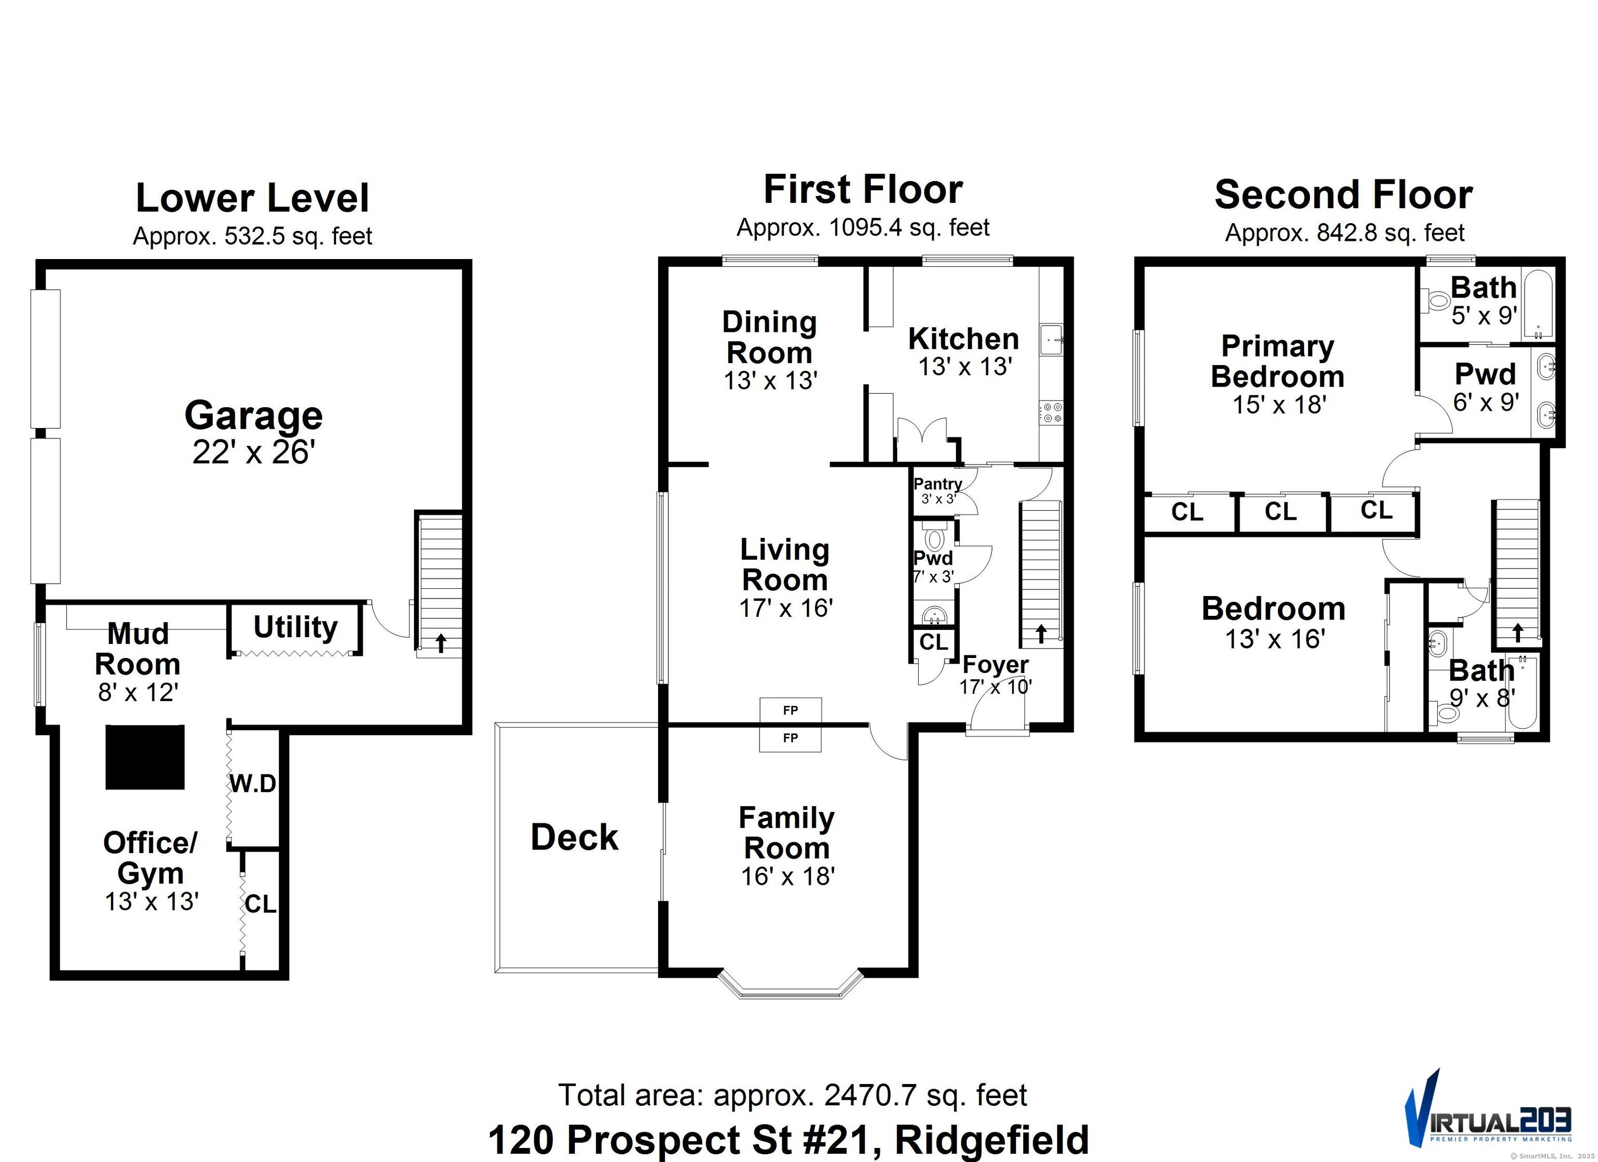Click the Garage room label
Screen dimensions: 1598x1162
[254, 416]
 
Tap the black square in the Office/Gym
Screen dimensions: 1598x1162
[145, 757]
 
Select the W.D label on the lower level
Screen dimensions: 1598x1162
[253, 783]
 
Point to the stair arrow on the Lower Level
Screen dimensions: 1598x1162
[441, 642]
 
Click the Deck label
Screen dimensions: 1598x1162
[574, 837]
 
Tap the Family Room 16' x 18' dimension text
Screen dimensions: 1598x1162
[788, 876]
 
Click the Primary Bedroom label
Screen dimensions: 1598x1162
[1278, 361]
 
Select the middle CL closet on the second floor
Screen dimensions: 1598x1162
[1280, 512]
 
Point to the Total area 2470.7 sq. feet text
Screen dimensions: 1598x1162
[793, 1095]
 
